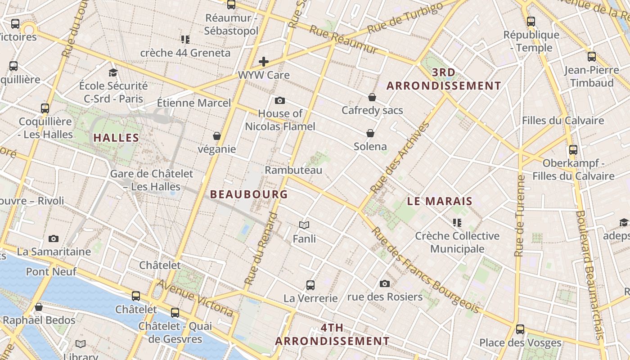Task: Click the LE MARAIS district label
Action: point(440,201)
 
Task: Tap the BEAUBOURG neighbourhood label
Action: point(249,194)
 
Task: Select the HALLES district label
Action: point(116,138)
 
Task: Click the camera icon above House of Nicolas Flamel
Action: point(280,100)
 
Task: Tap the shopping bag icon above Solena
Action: point(370,133)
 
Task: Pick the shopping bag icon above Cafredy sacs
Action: point(372,97)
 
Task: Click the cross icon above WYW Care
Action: point(264,62)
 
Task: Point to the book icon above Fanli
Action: point(304,225)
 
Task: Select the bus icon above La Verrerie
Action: point(310,285)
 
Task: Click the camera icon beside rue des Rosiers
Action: point(384,283)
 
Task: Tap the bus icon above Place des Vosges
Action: point(520,329)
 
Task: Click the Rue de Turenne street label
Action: point(521,216)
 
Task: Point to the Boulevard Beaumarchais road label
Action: point(589,274)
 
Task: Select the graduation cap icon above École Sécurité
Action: point(113,72)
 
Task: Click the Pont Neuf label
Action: point(51,271)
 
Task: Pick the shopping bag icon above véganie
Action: point(217,136)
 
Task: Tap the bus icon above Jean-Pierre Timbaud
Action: point(592,57)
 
